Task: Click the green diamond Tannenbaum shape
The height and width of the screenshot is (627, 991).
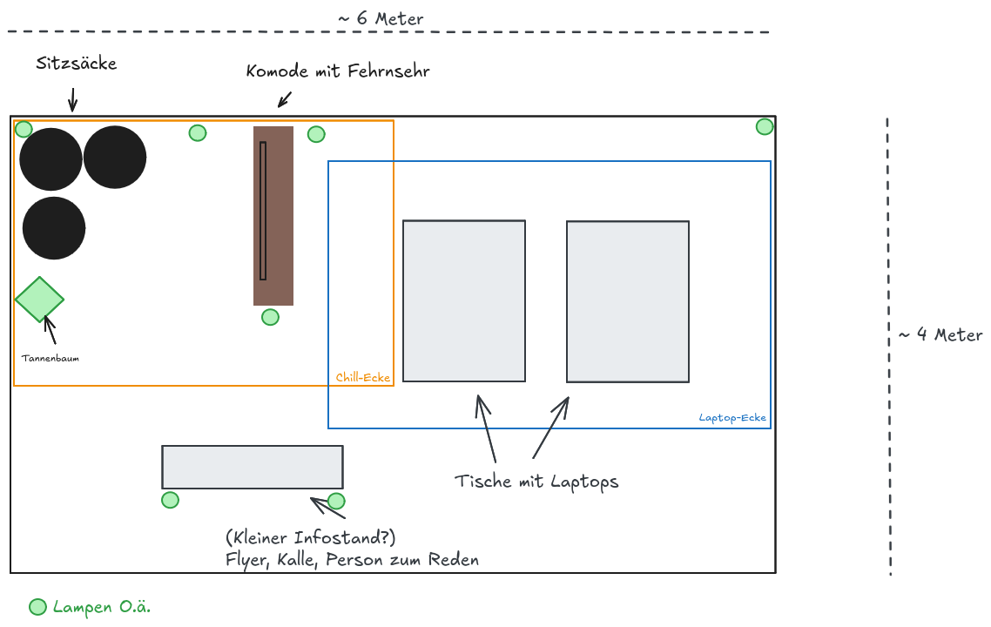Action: tap(39, 299)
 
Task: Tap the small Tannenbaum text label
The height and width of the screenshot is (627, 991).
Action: tap(51, 358)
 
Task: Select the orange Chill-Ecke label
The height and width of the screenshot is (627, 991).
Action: tap(363, 378)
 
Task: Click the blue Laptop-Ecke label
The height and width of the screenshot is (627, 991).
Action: tap(732, 418)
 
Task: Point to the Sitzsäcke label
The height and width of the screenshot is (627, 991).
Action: tap(76, 64)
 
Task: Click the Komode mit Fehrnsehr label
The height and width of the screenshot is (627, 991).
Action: tap(338, 71)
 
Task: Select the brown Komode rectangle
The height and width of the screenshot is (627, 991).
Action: tap(273, 216)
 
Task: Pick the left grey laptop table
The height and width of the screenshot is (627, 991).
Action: tap(464, 300)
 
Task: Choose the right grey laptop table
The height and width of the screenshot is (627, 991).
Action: tap(628, 301)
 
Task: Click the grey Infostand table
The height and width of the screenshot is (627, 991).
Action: tap(252, 467)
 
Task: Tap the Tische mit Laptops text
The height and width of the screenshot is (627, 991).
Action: tap(536, 482)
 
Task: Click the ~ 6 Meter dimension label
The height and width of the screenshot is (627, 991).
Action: tap(381, 18)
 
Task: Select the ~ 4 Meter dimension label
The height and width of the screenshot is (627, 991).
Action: tap(940, 334)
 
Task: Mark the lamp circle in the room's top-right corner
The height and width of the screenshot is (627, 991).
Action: tap(765, 126)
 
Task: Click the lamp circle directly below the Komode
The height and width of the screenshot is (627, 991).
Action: tap(271, 317)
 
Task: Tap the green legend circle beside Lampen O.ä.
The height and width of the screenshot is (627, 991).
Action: tap(38, 607)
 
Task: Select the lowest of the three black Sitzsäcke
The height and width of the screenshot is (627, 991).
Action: tap(54, 228)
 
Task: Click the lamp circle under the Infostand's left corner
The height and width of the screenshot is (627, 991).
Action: tap(171, 500)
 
